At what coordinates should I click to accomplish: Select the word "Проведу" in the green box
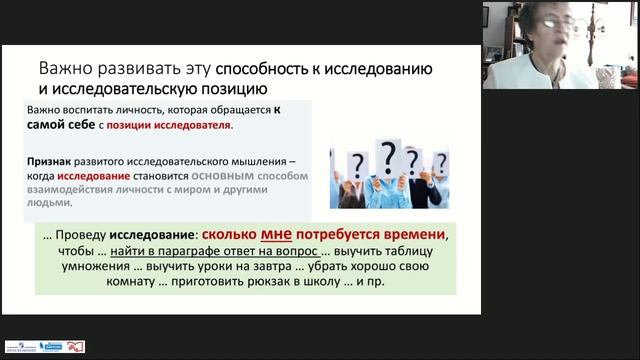84,236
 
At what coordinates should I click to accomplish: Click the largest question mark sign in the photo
386,156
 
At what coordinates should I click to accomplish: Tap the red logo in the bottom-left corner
76,347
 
